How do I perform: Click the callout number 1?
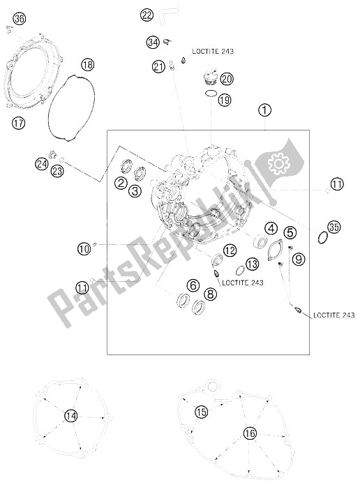point(264,110)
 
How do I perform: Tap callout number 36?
point(19,19)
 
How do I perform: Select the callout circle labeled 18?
point(87,65)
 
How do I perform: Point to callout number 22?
point(147,15)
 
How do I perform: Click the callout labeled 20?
point(227,79)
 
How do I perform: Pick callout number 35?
point(333,227)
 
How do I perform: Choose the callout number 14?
point(71,416)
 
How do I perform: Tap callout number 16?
point(250,433)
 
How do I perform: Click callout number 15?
point(201,412)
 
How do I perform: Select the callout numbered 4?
point(271,229)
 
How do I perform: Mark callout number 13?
point(253,264)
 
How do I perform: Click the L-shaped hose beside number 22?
point(169,17)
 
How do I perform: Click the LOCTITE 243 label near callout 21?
point(213,51)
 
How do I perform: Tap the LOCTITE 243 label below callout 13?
point(243,283)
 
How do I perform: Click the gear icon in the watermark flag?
point(278,162)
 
